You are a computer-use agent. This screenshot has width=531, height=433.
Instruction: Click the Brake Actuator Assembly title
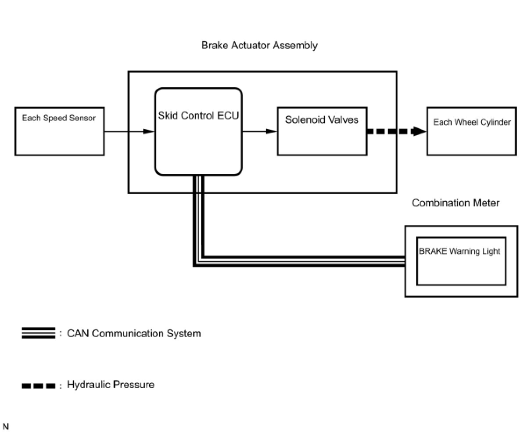click(259, 46)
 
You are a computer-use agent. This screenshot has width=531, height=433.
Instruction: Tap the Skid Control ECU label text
click(198, 115)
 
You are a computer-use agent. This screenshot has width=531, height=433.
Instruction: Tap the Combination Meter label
click(456, 203)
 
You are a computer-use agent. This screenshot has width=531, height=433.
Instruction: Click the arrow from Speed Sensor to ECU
click(129, 131)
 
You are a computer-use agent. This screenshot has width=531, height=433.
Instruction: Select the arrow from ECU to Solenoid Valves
click(260, 131)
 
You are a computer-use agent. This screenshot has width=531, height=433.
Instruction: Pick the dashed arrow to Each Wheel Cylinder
click(397, 131)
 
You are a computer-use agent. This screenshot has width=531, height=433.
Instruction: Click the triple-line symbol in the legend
click(39, 333)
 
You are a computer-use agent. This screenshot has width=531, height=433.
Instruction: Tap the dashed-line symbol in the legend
click(39, 386)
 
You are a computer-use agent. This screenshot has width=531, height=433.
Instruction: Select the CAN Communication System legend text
click(134, 333)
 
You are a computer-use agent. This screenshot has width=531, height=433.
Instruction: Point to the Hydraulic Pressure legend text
click(111, 385)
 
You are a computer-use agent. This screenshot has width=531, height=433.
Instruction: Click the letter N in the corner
click(6, 426)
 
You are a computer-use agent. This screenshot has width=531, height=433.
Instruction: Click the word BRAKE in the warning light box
click(433, 251)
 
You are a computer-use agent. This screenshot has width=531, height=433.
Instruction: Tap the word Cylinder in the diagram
click(495, 122)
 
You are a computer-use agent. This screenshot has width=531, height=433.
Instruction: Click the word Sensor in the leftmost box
click(82, 118)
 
